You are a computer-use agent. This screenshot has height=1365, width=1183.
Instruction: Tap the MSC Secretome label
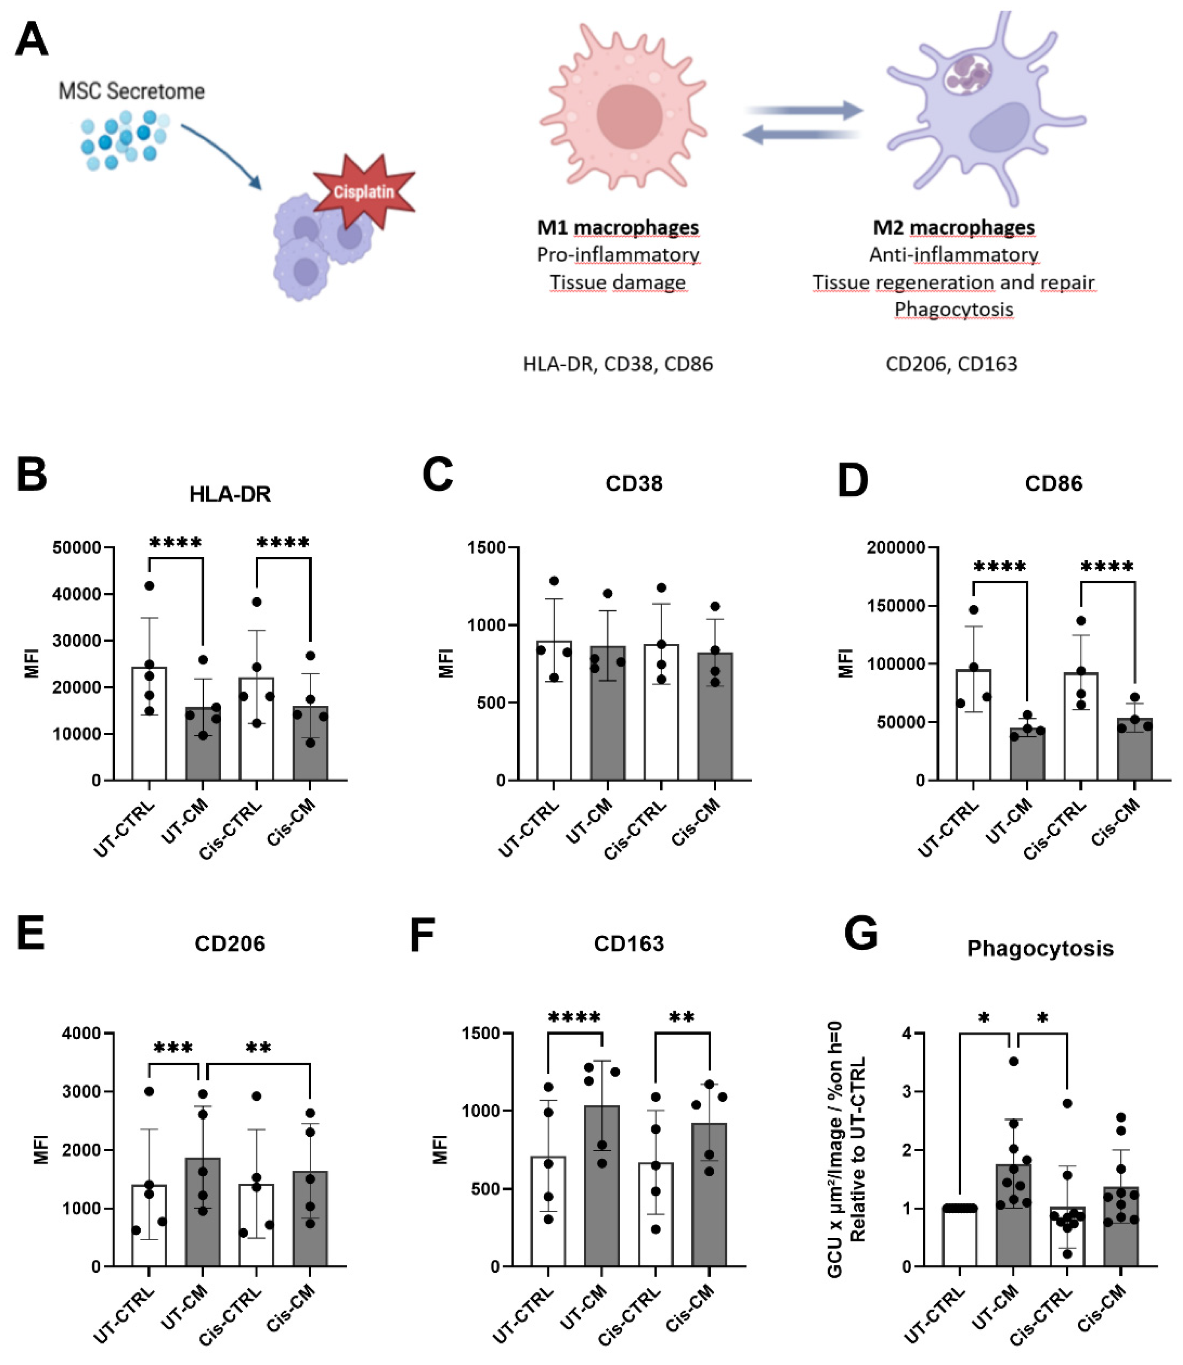click(131, 91)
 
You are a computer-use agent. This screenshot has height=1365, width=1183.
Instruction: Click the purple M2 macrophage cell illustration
click(984, 112)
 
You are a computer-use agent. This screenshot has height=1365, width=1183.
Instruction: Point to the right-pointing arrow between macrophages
click(805, 110)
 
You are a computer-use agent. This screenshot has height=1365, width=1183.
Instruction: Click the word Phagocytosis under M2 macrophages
click(953, 309)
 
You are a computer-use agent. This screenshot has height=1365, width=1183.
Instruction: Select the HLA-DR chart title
click(230, 494)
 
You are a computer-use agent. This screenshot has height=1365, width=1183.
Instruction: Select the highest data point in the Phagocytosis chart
click(1013, 1061)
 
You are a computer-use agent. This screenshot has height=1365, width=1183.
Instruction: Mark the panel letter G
click(862, 933)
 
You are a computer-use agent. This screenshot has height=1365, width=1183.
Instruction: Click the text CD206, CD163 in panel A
click(951, 364)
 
